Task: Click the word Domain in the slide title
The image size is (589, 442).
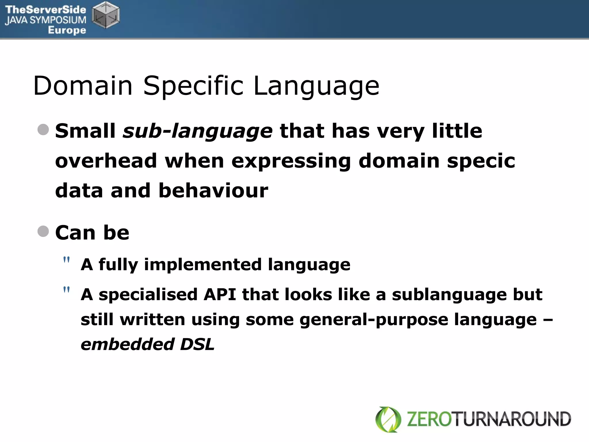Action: pyautogui.click(x=83, y=86)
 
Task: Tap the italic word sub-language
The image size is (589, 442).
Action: pyautogui.click(x=197, y=131)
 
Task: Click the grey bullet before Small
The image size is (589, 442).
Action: pyautogui.click(x=43, y=129)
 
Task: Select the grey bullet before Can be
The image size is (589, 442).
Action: pyautogui.click(x=43, y=231)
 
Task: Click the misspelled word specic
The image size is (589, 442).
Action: pyautogui.click(x=481, y=161)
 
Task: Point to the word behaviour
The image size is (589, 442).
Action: pyautogui.click(x=213, y=190)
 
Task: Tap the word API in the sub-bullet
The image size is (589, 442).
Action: pyautogui.click(x=220, y=295)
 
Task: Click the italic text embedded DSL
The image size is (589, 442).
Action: pyautogui.click(x=148, y=344)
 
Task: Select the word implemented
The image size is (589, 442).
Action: pyautogui.click(x=203, y=264)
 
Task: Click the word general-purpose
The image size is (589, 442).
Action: pyautogui.click(x=373, y=320)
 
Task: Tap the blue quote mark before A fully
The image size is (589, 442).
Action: pyautogui.click(x=66, y=260)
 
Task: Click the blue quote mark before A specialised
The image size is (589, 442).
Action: pyautogui.click(x=66, y=290)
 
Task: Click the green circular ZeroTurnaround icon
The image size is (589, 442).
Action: pyautogui.click(x=388, y=419)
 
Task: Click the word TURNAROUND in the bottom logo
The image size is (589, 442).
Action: pyautogui.click(x=512, y=419)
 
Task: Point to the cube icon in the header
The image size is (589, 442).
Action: pyautogui.click(x=106, y=15)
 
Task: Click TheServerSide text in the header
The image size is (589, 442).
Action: pyautogui.click(x=45, y=9)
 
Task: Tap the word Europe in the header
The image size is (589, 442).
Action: pyautogui.click(x=67, y=30)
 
